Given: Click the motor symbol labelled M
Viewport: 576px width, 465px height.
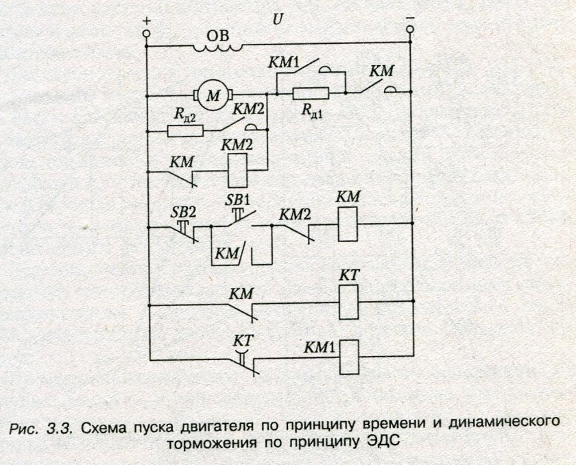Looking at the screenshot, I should click(215, 95).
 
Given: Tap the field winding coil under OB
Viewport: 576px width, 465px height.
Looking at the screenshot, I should click(217, 47).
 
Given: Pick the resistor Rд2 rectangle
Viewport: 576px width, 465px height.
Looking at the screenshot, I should click(184, 130).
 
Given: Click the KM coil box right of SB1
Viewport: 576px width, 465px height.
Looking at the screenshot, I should click(348, 224).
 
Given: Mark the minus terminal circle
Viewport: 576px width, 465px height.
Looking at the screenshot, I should click(410, 30).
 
